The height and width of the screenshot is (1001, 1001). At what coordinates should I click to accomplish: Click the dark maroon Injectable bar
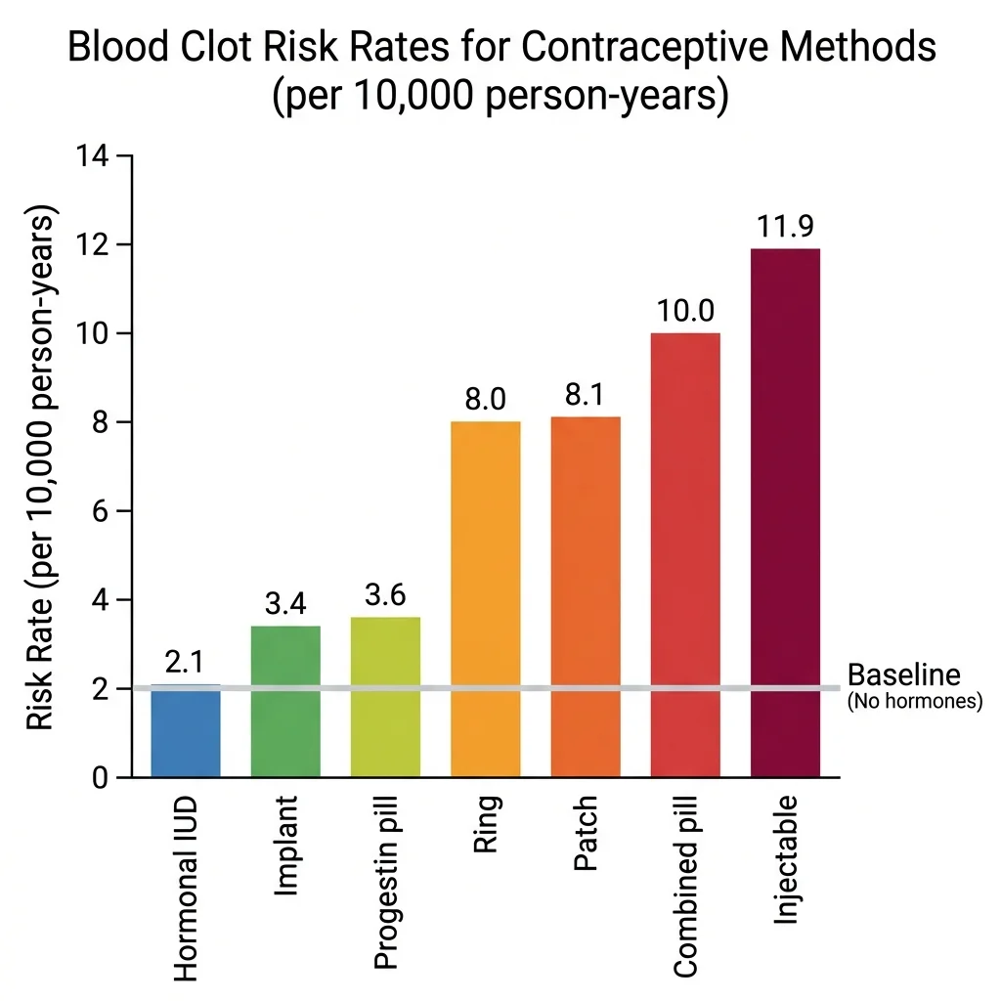(785, 513)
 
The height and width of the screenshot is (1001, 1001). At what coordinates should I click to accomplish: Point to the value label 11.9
(785, 226)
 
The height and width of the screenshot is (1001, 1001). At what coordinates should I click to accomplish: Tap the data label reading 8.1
(585, 395)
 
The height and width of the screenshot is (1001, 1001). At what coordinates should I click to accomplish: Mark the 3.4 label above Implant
(285, 604)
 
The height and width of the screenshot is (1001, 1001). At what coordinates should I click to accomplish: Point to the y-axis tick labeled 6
(99, 511)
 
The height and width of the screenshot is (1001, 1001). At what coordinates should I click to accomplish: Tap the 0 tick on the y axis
(99, 778)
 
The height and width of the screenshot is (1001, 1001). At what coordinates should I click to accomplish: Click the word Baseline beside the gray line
(903, 675)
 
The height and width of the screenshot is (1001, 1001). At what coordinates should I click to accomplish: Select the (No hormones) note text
(914, 700)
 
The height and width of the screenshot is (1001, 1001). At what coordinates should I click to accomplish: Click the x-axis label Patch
(585, 837)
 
